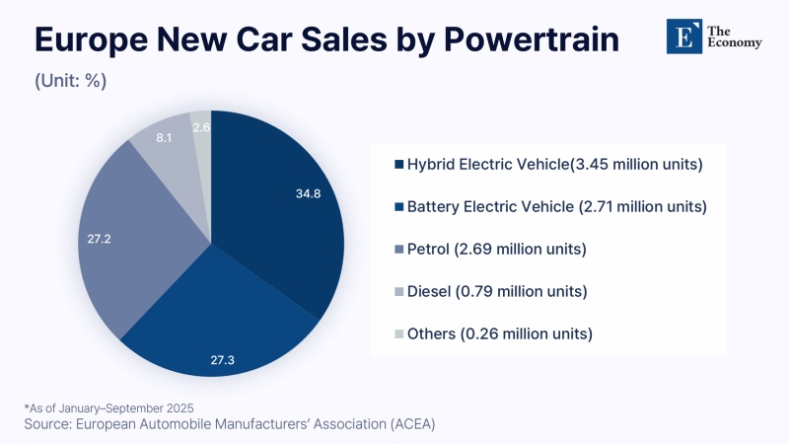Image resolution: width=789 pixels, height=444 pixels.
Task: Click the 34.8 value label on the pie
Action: [310, 193]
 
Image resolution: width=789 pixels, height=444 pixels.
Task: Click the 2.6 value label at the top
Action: [201, 127]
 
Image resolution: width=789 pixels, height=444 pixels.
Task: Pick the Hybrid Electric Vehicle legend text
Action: [554, 164]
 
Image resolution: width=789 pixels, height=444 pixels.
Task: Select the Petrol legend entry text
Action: [496, 249]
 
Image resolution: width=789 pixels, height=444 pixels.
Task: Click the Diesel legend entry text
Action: [497, 291]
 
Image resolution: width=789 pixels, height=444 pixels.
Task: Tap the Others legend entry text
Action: [499, 333]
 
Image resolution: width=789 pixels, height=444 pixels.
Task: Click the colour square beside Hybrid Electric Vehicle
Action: [398, 164]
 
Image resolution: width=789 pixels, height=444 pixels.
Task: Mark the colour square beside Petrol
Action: [398, 249]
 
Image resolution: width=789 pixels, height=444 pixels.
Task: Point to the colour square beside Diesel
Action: [398, 291]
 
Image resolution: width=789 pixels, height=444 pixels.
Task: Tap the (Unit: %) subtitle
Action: [70, 80]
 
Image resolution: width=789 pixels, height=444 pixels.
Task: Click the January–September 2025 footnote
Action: [109, 407]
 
